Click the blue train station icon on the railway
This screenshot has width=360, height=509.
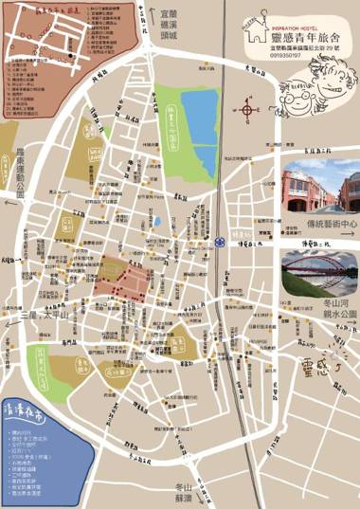coord(220,239)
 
